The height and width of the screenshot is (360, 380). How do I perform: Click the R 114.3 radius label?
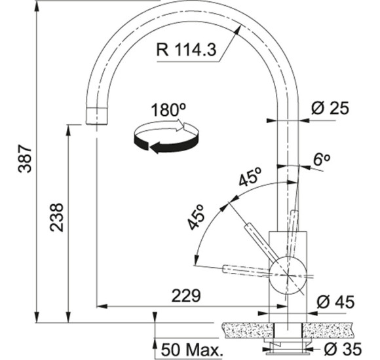pos(186,50)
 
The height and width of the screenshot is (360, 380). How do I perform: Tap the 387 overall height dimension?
pos(25,159)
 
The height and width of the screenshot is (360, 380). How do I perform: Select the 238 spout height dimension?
pos(56,217)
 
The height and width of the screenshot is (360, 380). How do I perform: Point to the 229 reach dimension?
pos(186,296)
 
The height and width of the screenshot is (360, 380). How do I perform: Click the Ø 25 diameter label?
pos(330,108)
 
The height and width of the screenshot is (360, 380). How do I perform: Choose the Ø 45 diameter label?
pos(335,302)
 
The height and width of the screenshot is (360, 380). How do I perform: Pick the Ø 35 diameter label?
pos(343,349)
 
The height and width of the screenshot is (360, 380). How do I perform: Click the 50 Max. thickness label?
pos(192,350)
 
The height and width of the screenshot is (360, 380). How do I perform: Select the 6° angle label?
pos(322,159)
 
